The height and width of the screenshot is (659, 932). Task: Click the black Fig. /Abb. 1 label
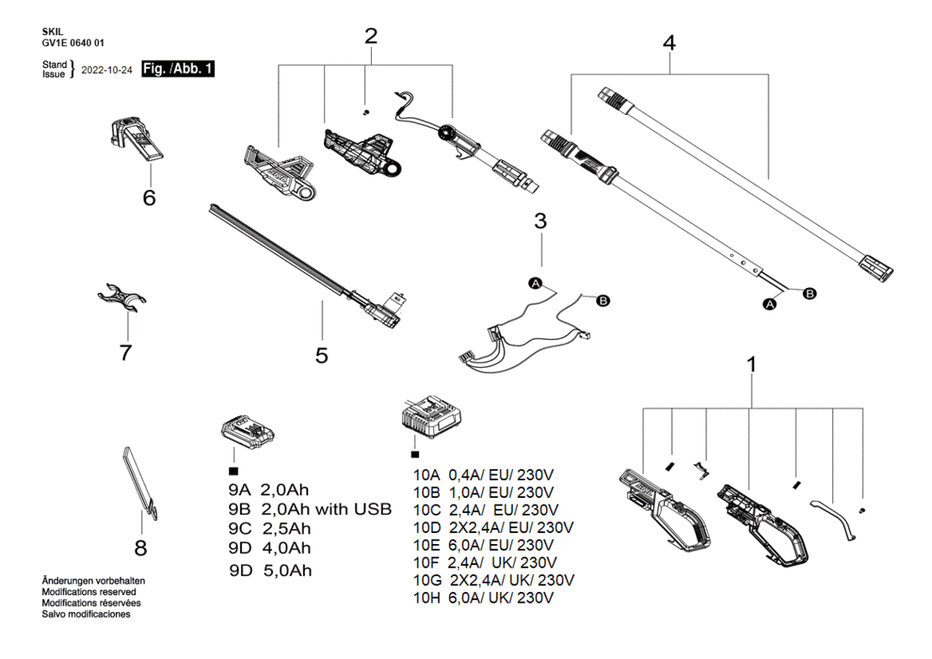pos(178,69)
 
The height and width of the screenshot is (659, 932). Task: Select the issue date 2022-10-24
pos(107,71)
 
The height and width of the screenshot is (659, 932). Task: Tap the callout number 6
pos(149,197)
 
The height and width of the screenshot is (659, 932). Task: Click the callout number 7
pos(125,353)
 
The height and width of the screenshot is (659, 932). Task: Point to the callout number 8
pos(141,547)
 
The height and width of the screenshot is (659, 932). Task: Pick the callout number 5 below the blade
pos(322,355)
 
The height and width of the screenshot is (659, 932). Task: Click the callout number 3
pos(540,221)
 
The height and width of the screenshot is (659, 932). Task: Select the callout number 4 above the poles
pos(669,43)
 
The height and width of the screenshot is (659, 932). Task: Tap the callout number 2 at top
pos(371,36)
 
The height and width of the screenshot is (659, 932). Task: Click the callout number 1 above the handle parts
pos(752,364)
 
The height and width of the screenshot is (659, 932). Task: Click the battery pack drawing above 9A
pos(247,431)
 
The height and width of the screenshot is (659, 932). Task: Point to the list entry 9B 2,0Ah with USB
pos(311,510)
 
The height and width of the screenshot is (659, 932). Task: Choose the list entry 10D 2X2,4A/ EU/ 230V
pos(494,528)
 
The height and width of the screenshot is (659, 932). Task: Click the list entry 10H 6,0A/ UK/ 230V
pos(484,598)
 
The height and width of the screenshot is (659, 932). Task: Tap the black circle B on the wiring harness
pos(603,301)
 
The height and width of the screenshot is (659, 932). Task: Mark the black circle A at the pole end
pos(770,304)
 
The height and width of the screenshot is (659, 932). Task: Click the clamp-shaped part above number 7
pos(122,297)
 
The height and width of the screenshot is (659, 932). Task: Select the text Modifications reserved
pos(88,592)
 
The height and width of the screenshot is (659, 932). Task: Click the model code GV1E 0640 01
pos(73,43)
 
